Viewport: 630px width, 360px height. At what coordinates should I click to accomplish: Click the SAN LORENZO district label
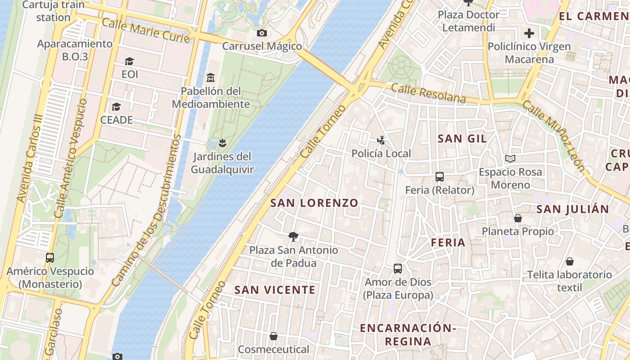[x=314, y=203]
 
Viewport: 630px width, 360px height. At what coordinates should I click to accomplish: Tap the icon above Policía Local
[x=381, y=140]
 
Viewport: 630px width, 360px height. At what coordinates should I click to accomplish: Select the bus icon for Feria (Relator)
[x=440, y=177]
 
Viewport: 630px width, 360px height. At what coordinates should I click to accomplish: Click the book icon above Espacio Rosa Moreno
[x=510, y=158]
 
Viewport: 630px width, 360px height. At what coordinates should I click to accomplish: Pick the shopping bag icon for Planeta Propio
[x=518, y=218]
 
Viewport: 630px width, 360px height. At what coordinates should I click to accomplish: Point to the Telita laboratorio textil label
[x=569, y=281]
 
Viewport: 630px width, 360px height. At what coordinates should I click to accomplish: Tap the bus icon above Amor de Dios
[x=398, y=269]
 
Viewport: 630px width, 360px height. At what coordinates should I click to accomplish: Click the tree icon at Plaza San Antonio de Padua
[x=293, y=236]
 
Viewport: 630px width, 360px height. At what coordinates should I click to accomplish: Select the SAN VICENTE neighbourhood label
[x=275, y=290]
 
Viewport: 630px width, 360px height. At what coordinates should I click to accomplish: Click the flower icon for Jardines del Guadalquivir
[x=221, y=143]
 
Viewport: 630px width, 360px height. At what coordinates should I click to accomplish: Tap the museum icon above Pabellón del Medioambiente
[x=210, y=77]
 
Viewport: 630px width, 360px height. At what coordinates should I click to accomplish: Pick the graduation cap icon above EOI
[x=130, y=61]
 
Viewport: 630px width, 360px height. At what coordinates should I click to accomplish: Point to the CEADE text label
[x=117, y=120]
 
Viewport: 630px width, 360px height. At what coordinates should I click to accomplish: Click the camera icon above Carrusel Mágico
[x=261, y=33]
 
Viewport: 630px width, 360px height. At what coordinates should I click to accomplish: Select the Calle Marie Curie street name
[x=146, y=31]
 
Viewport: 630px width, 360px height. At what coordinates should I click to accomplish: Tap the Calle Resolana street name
[x=428, y=93]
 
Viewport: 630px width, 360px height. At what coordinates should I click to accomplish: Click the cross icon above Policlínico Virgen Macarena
[x=529, y=33]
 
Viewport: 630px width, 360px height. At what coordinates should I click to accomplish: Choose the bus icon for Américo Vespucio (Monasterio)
[x=50, y=258]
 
